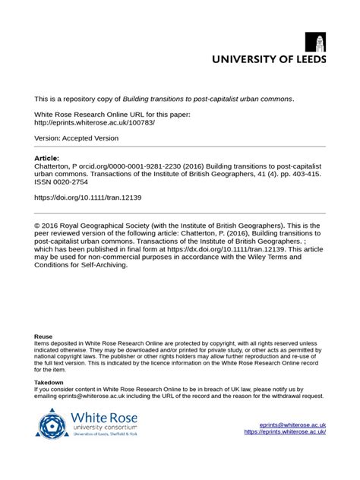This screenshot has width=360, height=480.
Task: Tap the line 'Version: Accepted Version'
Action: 76,138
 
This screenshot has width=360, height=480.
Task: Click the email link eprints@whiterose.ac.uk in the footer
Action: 292,425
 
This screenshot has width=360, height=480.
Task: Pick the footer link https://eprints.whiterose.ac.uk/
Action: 285,432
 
